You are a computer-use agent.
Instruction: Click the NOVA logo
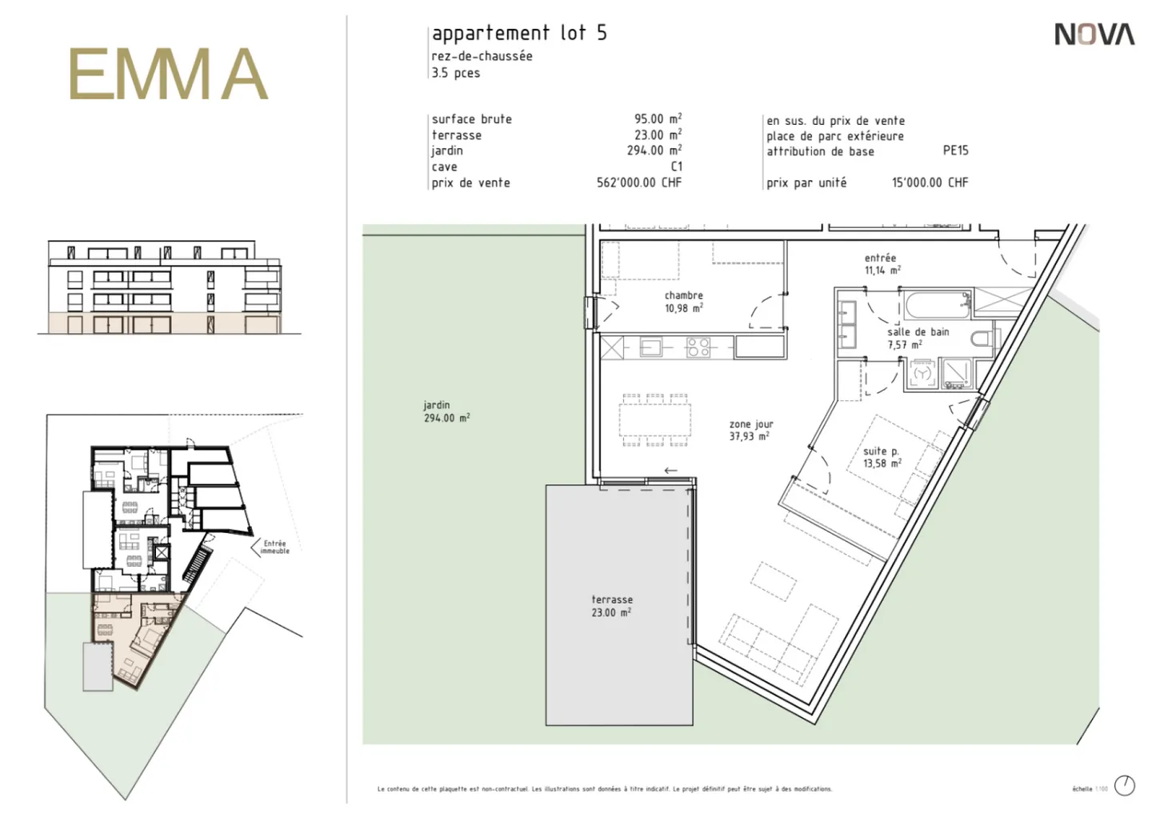(1094, 34)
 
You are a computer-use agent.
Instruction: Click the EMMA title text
(167, 74)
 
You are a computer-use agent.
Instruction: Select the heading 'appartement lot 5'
(519, 33)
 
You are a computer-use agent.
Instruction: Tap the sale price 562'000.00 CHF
(638, 182)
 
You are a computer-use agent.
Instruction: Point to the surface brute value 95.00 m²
(658, 118)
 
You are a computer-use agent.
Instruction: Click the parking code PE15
(955, 150)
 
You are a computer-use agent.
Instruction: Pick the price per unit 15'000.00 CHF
(930, 182)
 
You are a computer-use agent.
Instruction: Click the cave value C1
(676, 166)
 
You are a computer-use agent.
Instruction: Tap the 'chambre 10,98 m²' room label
(683, 302)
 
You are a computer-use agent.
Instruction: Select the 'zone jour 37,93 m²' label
(750, 431)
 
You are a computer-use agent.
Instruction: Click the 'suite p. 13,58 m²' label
(882, 457)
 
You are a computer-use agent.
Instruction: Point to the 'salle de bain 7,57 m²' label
(917, 338)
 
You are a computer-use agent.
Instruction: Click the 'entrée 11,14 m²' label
(881, 264)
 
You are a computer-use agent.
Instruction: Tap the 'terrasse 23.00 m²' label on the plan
(612, 606)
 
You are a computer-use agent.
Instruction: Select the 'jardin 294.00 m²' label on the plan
(446, 411)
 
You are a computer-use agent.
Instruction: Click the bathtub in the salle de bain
(938, 306)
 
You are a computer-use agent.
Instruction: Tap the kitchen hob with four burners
(698, 347)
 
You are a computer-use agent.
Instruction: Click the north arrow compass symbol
(1124, 785)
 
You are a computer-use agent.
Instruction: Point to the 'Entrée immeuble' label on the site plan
(274, 547)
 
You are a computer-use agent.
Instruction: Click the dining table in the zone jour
(654, 419)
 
